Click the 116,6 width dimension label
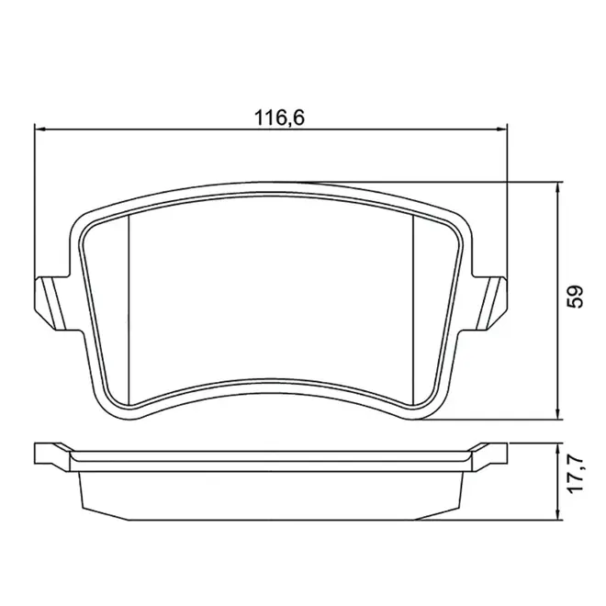pos(279,118)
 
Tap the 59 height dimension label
pos(575,297)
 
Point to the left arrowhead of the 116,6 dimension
pos(40,129)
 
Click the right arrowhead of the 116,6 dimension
pos(501,129)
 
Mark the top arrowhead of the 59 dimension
pos(557,187)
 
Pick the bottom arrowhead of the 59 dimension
pos(557,414)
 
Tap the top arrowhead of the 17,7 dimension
pos(557,449)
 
